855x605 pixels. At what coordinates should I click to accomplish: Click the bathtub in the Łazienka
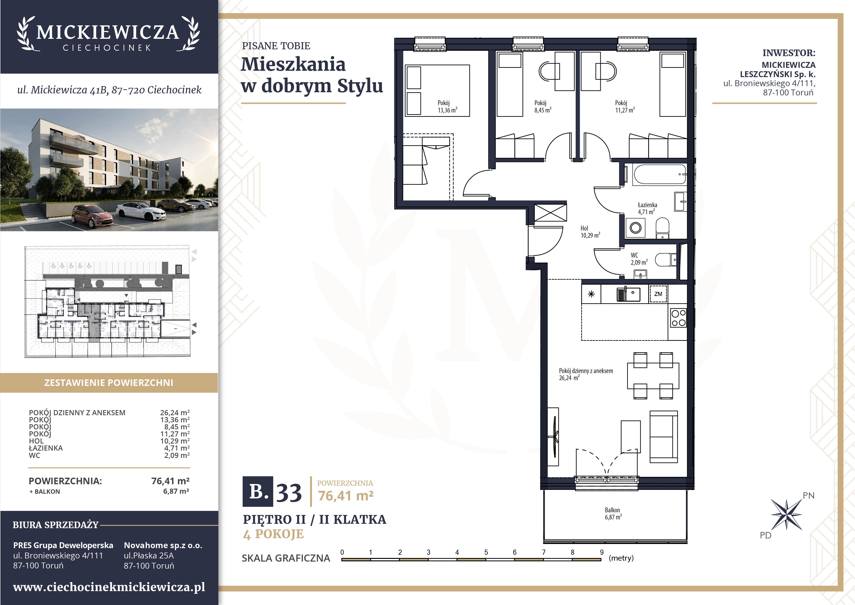pos(660,174)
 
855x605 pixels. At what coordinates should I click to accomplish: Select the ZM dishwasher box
pos(658,294)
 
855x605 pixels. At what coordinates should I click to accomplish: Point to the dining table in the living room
pos(653,376)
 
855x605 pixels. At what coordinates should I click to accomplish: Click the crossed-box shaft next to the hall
pos(550,213)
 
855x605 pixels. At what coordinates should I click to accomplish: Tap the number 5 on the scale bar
pos(486,552)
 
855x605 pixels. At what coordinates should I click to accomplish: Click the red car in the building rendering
pos(92,216)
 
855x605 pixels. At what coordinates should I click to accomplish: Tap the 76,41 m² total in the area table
pos(170,481)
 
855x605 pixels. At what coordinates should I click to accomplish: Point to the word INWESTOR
pos(789,53)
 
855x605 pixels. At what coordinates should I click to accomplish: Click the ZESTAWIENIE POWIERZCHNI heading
pos(109,383)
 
